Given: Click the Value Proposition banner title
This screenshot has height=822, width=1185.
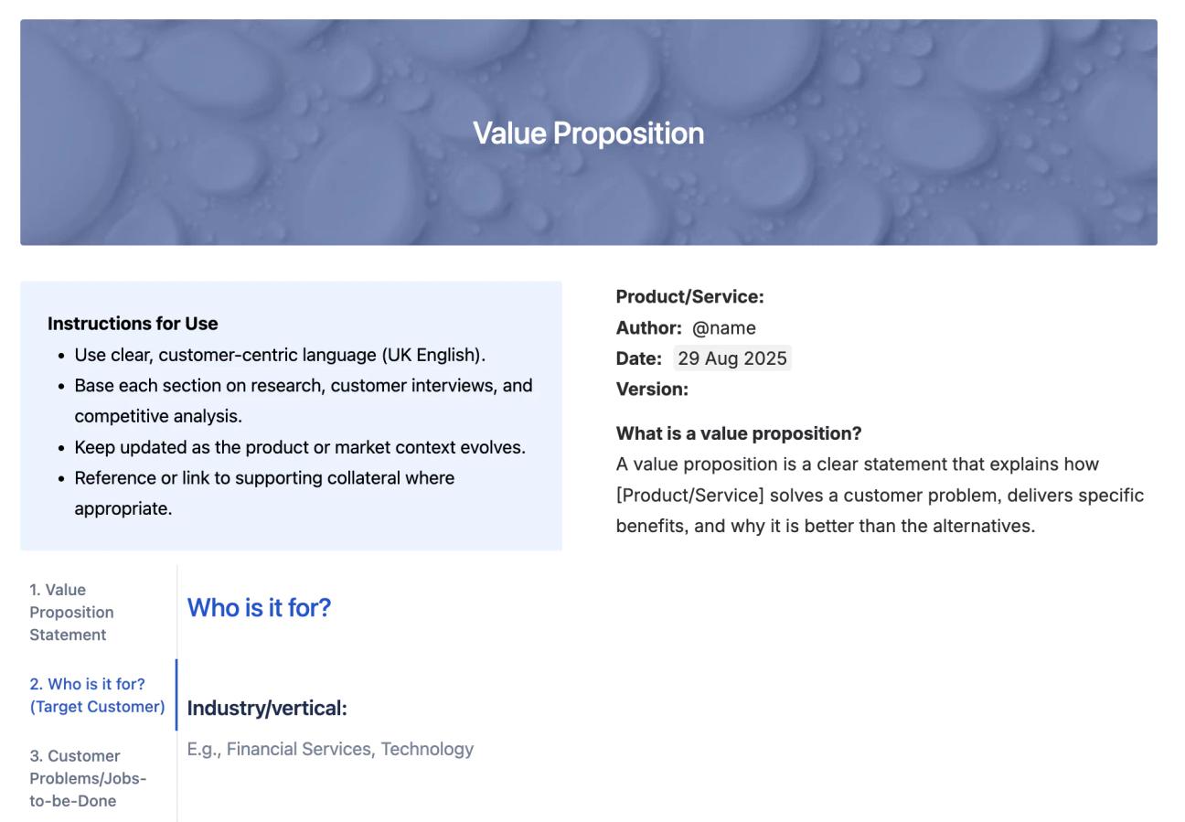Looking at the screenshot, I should pos(588,133).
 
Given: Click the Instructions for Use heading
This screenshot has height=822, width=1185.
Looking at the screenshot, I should pos(133,324).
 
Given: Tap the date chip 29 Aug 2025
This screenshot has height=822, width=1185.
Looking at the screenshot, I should pos(731,358).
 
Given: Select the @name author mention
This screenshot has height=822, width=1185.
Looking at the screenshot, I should pos(723,327).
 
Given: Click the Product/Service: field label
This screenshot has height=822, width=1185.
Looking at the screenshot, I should pos(689,296).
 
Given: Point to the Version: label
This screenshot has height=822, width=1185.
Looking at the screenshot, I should pos(652,389).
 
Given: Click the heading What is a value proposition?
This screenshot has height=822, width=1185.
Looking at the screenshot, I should pos(739,433).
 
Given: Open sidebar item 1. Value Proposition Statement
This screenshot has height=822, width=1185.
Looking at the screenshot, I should pos(71,612).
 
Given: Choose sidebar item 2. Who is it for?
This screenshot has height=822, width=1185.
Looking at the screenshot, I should pos(97,695).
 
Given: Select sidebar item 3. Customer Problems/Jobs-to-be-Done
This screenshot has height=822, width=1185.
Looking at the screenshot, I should pos(88,778).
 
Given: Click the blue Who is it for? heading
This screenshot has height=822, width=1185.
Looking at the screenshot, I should pos(259,608).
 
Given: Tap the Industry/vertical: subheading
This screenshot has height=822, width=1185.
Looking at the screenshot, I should pos(267,708).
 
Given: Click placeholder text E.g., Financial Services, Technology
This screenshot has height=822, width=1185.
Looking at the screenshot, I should pos(330,749).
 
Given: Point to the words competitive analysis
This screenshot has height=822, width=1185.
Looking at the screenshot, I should pos(158,416).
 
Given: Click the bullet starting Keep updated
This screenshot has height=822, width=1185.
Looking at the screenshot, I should pos(300,447).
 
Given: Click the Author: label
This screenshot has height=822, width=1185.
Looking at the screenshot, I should pos(648,327).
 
